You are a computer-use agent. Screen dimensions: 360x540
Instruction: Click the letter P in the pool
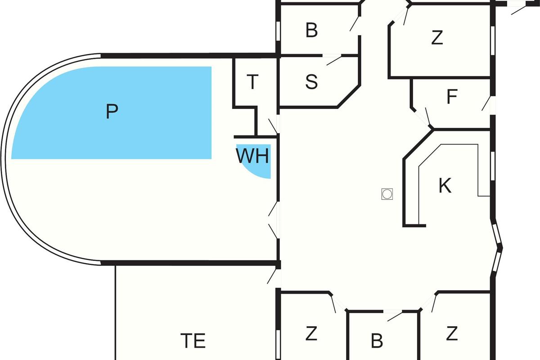coord(112,111)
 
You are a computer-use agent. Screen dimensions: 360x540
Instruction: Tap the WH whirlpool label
coord(252,156)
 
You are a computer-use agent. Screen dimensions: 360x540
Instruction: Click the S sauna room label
coord(311,82)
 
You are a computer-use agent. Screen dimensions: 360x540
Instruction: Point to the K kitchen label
coord(445,186)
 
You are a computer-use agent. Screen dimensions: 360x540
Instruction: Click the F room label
coord(452,97)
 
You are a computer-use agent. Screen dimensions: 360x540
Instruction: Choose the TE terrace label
coord(193,341)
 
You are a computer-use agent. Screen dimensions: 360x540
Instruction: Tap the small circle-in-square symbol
coord(387,194)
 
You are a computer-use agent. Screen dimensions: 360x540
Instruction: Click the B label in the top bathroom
coord(311,31)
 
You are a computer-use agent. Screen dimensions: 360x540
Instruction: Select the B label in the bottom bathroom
coord(377,341)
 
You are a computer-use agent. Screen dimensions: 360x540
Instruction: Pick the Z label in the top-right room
coord(437,38)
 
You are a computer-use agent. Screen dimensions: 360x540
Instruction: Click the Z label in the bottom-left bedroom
coord(311,334)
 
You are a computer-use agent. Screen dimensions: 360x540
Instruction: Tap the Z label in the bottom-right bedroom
coord(452,334)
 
